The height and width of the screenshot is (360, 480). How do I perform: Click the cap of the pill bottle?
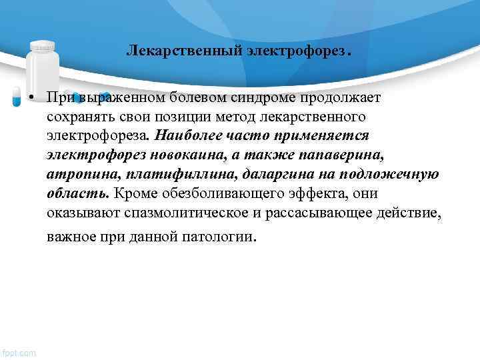pyautogui.click(x=43, y=47)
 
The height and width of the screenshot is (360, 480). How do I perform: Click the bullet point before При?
pyautogui.click(x=31, y=99)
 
